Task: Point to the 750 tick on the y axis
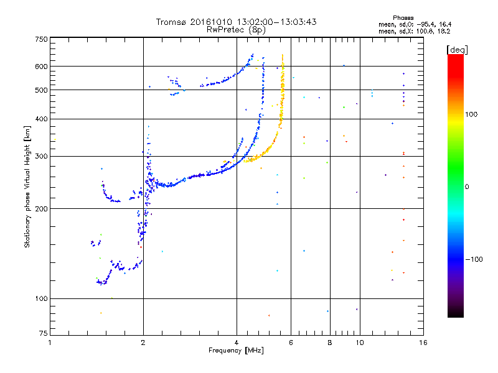pos(41,39)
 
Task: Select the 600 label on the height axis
pos(41,66)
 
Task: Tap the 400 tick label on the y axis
pos(41,119)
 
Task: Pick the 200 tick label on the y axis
pos(41,208)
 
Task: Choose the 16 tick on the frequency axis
pos(423,343)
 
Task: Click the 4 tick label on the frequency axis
pos(237,343)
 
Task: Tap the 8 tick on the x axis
pos(330,343)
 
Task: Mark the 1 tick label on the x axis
pos(50,343)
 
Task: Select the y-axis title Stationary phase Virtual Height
pos(27,186)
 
